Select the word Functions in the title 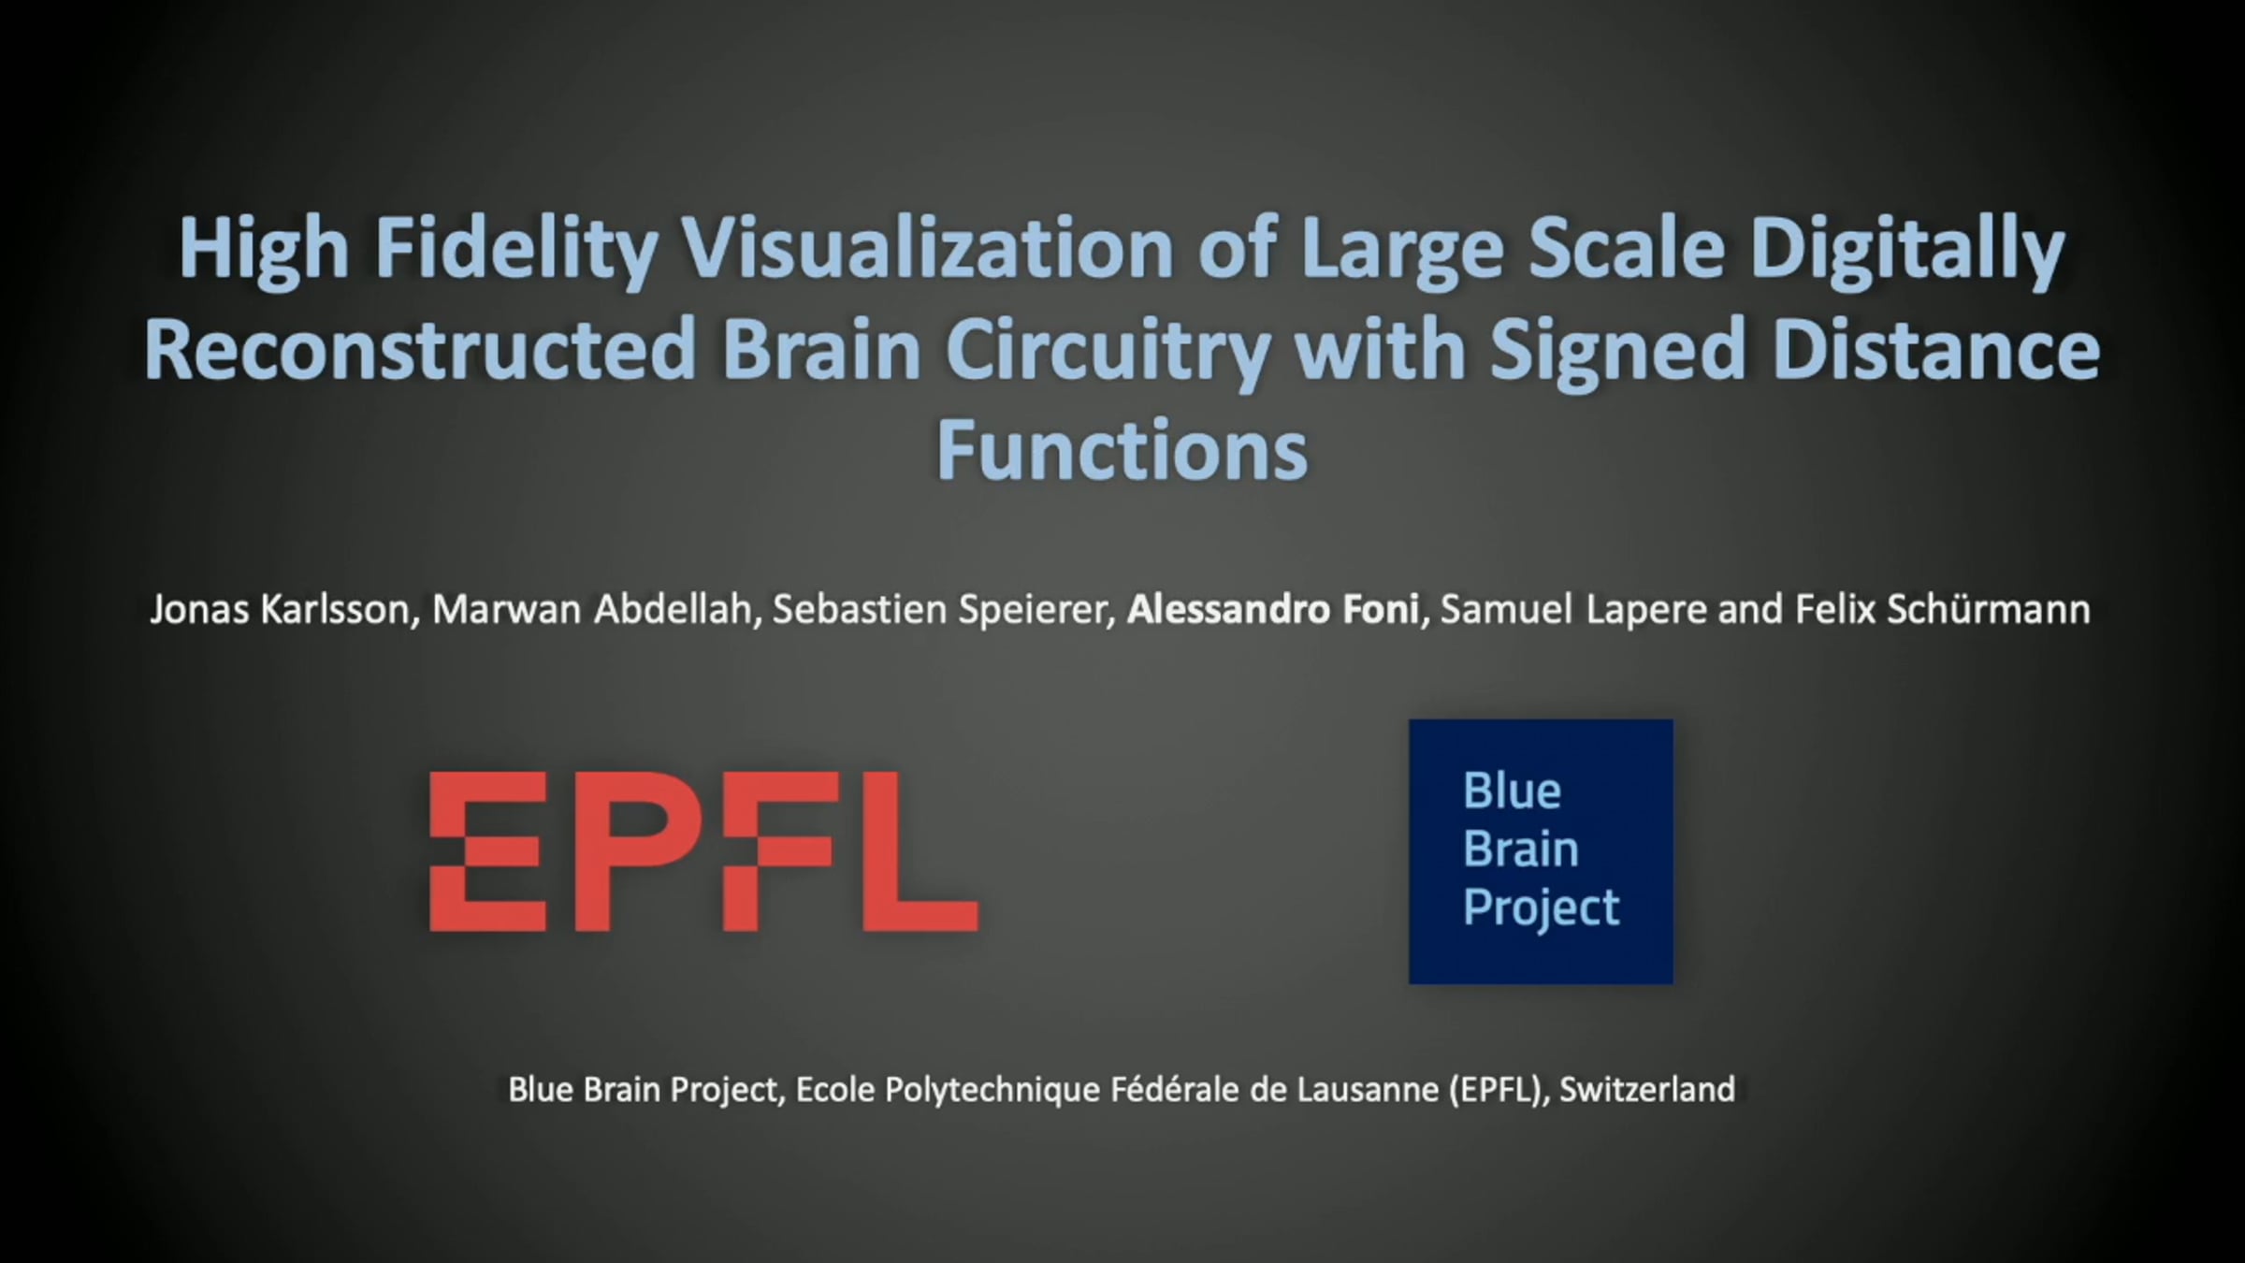point(1122,451)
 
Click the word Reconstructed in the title point(419,350)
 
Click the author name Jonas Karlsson point(280,610)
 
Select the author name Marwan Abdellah point(594,610)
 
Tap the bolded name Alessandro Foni point(1273,610)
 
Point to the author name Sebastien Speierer point(944,611)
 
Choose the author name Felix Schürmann point(1942,610)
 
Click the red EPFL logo point(703,851)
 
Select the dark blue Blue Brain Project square point(1541,851)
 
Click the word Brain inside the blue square point(1520,849)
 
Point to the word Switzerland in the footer point(1647,1090)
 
